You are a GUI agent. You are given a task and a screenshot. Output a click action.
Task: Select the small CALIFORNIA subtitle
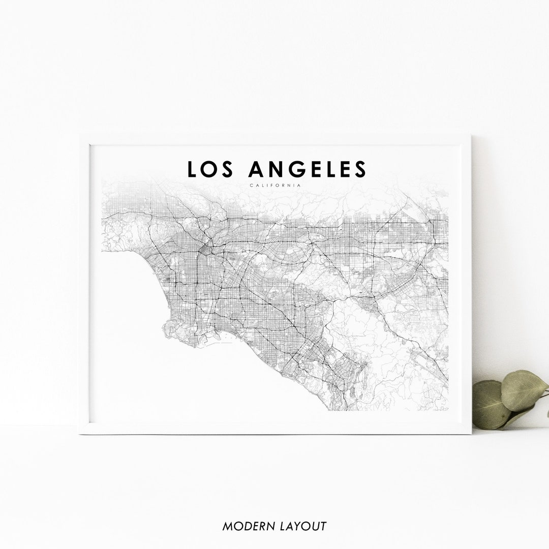coord(275,185)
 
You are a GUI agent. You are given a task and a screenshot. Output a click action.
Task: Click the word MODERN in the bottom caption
coord(247,526)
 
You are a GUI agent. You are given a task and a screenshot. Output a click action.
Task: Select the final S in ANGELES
coord(360,169)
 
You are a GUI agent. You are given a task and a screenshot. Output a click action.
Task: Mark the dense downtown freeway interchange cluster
coord(207,249)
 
